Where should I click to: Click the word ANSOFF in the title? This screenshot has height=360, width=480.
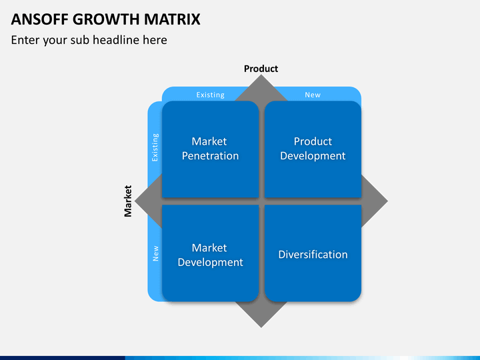coord(40,19)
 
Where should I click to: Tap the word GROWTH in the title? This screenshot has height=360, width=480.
coord(106,19)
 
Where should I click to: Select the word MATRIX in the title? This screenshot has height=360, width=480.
coord(172,19)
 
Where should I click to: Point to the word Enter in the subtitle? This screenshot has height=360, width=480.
coord(25,40)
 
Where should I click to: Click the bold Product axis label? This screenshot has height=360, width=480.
coord(261,69)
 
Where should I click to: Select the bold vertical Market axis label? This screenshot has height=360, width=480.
coord(127,201)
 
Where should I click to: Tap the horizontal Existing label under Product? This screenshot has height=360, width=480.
coord(210,95)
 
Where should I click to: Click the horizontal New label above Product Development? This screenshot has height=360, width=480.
coord(313,95)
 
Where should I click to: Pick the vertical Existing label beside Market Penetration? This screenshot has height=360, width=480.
coord(155,147)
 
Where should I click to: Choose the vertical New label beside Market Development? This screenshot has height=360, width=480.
coord(155,253)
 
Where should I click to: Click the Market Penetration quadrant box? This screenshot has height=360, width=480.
coord(210,149)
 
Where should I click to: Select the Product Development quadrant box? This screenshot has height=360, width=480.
coord(313,149)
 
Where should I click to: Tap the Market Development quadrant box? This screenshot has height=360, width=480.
coord(210,253)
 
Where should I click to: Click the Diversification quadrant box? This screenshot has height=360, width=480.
coord(313,253)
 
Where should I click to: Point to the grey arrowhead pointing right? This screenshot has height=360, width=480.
coord(375,201)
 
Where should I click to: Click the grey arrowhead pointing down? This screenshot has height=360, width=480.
coord(261,315)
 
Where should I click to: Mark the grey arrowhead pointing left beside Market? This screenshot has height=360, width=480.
coord(148,201)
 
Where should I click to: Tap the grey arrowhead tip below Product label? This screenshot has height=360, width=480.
coord(261,75)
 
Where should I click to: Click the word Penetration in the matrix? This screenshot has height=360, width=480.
coord(210,156)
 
